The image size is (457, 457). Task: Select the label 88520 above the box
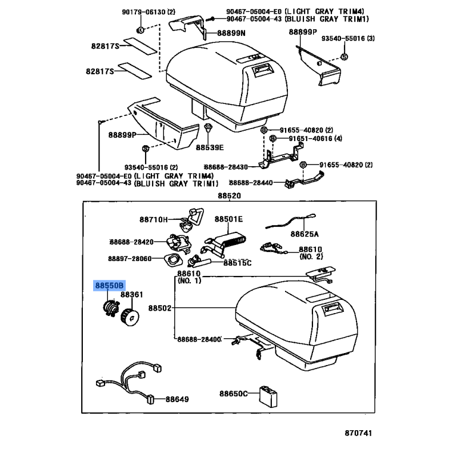click(228, 196)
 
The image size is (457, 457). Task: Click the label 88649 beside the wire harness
click(177, 399)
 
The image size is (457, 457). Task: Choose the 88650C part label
click(234, 394)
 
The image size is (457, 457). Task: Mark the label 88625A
click(304, 234)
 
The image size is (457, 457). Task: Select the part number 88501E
click(228, 219)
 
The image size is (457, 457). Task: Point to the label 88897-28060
click(129, 259)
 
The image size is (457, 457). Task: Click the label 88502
click(160, 308)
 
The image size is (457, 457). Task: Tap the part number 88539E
click(210, 147)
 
